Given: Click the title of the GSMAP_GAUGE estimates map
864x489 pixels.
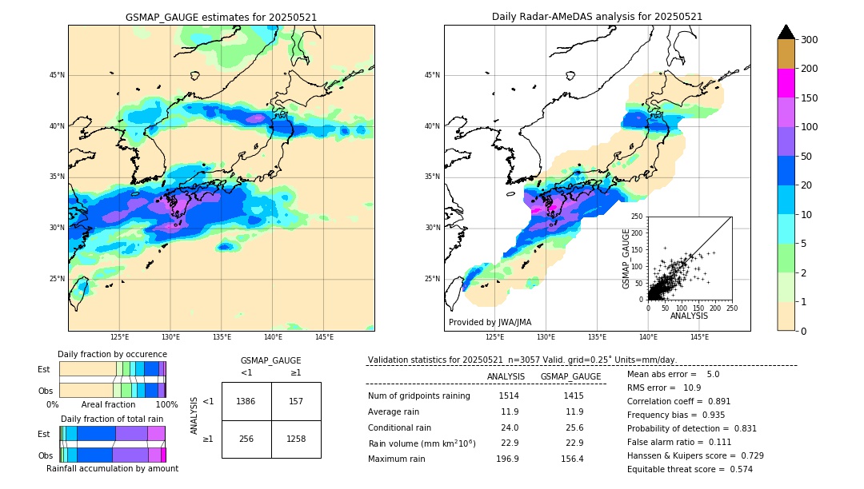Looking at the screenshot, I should [221, 17].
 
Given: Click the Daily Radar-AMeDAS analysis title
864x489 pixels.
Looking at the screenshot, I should [597, 17].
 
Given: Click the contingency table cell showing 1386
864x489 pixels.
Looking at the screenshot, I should [246, 401].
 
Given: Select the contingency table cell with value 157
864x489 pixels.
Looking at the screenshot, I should [296, 401].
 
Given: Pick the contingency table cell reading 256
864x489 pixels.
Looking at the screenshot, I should [246, 439].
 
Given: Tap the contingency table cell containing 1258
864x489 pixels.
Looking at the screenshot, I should [296, 439].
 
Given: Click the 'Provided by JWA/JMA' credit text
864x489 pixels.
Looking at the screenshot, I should [490, 323].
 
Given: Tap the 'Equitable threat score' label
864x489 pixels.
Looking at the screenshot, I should [677, 470].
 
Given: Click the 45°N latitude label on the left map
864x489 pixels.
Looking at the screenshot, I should [57, 75].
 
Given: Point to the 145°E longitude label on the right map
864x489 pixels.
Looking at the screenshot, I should [699, 338].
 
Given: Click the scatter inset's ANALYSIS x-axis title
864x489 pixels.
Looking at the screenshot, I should [689, 316].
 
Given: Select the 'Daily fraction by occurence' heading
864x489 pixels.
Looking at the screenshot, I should [112, 354].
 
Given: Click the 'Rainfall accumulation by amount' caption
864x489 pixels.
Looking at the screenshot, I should [112, 469].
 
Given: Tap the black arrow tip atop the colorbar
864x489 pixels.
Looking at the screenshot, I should [786, 31].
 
